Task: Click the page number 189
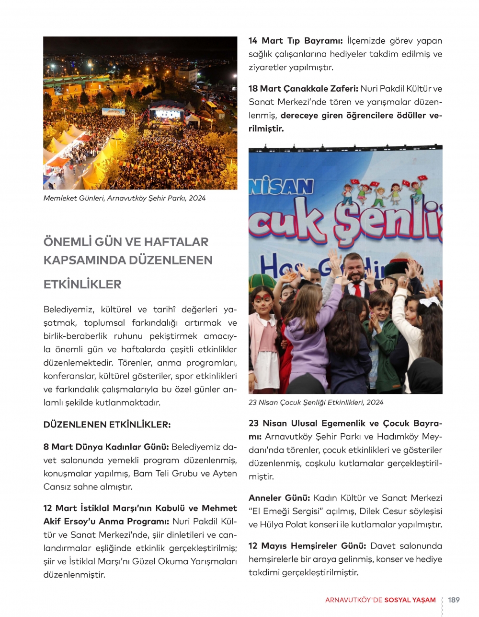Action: pyautogui.click(x=454, y=600)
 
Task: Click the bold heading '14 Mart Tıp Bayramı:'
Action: pyautogui.click(x=295, y=41)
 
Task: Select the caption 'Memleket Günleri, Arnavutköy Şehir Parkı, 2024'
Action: pyautogui.click(x=125, y=198)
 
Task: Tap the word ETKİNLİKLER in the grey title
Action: pyautogui.click(x=82, y=284)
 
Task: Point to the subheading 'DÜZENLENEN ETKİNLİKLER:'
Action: pyautogui.click(x=107, y=425)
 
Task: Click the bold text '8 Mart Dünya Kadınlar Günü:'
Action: pyautogui.click(x=106, y=447)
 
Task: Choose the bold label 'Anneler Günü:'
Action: pyautogui.click(x=279, y=498)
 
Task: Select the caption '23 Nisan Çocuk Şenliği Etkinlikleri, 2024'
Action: pyautogui.click(x=316, y=403)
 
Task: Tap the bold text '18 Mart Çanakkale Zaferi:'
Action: pyautogui.click(x=303, y=89)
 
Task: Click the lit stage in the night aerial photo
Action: pyautogui.click(x=167, y=115)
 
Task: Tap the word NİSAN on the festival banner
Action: pyautogui.click(x=282, y=186)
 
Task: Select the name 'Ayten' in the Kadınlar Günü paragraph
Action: pyautogui.click(x=225, y=474)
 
